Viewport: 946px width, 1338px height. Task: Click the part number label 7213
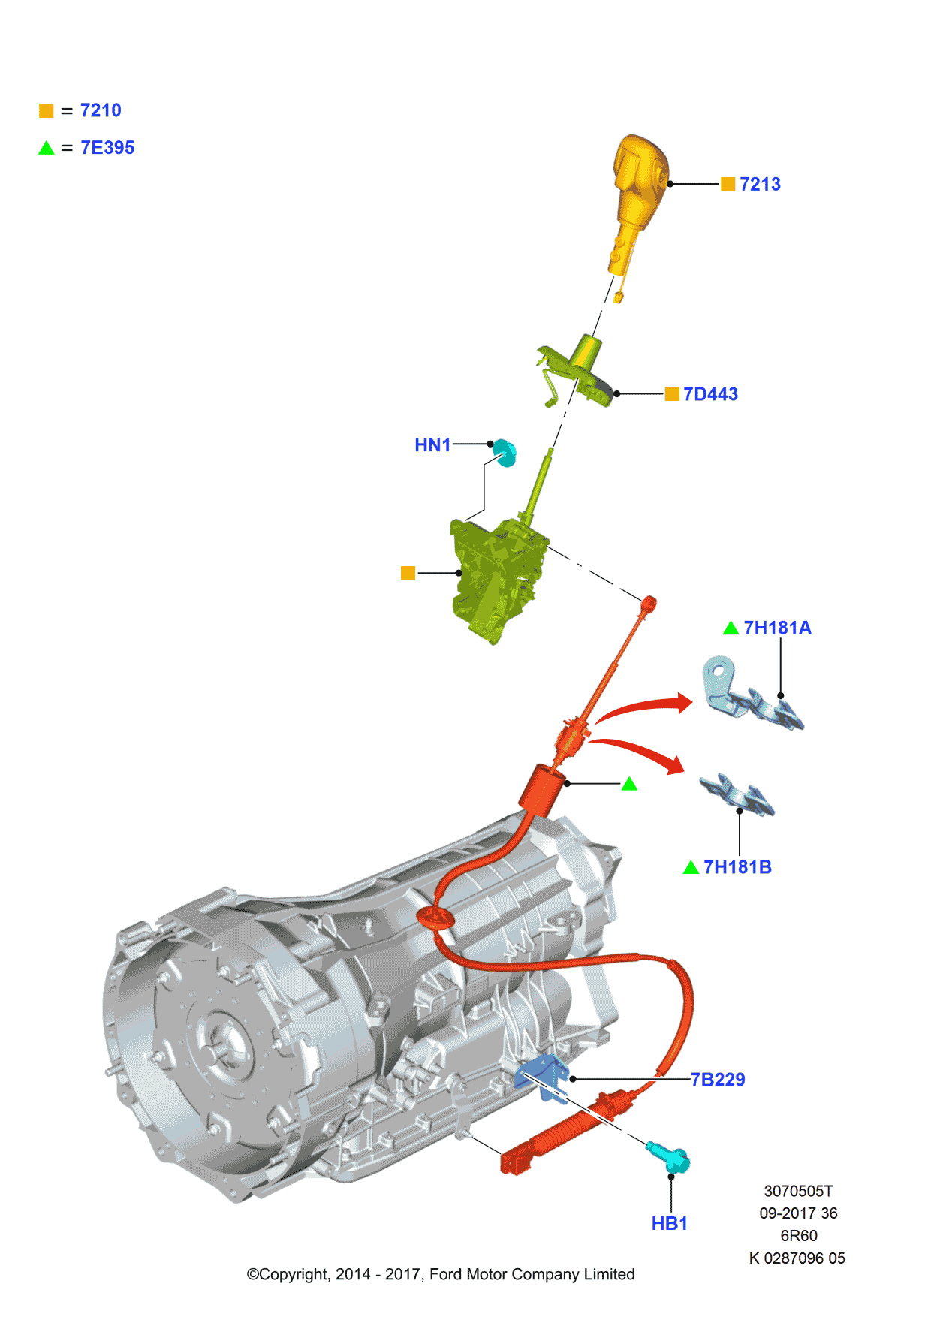tap(760, 184)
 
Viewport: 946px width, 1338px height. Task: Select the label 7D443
tap(710, 394)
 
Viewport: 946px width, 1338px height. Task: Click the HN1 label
tap(432, 444)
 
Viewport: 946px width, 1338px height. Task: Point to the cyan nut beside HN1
tap(505, 453)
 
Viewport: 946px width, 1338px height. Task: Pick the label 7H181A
tap(777, 628)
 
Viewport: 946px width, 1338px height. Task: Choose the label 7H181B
tap(737, 867)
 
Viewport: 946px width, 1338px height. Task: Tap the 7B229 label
tap(718, 1080)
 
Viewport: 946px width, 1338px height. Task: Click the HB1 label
tap(669, 1223)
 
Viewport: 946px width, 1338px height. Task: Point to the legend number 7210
tap(101, 110)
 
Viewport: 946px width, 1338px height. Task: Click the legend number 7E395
tap(107, 148)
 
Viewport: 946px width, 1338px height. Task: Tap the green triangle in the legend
tap(47, 148)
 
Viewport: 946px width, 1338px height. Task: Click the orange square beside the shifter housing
tap(408, 574)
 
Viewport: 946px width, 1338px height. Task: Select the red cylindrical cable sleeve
tap(542, 788)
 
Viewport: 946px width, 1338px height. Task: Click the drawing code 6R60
tap(798, 1235)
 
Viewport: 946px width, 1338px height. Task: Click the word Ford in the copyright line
tap(446, 1274)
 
